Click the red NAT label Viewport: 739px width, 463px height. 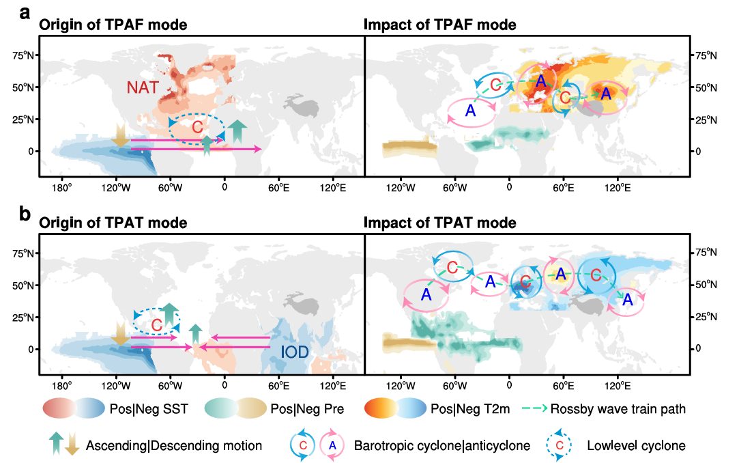tap(143, 87)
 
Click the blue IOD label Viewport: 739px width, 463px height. tap(295, 352)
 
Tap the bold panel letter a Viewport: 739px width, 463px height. tap(25, 13)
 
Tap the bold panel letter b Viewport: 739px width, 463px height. tap(25, 214)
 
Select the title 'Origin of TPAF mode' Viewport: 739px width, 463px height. tap(113, 25)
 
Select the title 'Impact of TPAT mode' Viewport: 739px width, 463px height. tap(439, 223)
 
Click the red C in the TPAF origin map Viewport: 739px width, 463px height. tap(197, 127)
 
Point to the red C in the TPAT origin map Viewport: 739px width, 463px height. tap(156, 325)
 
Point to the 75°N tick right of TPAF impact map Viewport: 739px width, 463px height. tap(705, 55)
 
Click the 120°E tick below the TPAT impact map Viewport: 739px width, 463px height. tap(618, 386)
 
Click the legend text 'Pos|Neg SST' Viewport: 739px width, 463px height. tap(149, 409)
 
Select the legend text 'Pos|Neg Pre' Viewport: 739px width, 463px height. tap(307, 409)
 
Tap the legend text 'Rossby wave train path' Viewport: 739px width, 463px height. tap(618, 409)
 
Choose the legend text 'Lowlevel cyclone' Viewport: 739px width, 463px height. tap(636, 445)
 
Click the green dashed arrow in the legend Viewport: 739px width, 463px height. tap(534, 408)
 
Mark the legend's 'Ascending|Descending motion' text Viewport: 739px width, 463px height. tap(174, 445)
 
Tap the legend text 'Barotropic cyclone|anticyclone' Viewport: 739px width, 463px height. tap(442, 445)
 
